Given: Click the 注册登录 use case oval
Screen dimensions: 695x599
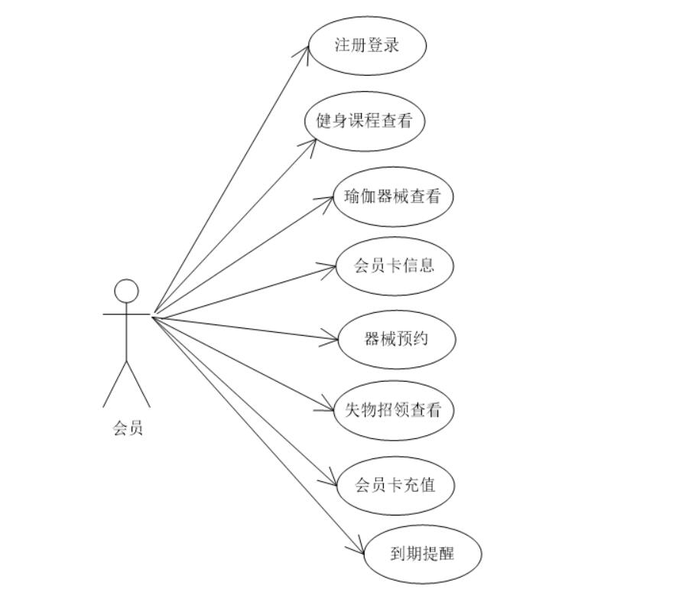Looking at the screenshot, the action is point(367,44).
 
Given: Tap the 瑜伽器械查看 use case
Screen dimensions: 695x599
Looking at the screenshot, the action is point(393,197).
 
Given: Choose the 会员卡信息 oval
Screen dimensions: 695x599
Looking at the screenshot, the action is point(395,265).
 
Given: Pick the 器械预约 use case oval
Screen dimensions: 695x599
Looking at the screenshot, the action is point(397,338).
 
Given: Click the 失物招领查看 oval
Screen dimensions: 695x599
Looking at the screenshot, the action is point(395,410).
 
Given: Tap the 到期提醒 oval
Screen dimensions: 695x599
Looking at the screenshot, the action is point(422,552).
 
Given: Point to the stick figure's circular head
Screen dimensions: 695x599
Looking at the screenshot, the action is point(127,291).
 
